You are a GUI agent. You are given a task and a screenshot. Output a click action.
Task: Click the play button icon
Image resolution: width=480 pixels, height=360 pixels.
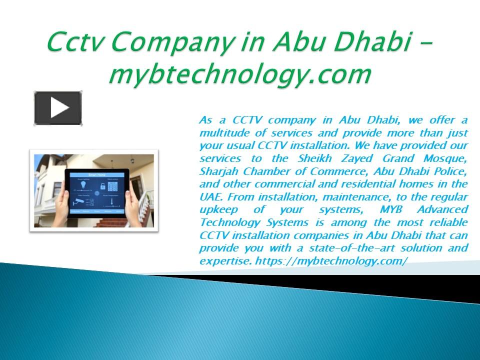58,107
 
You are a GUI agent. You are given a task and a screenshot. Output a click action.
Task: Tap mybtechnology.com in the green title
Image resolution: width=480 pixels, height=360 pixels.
240,75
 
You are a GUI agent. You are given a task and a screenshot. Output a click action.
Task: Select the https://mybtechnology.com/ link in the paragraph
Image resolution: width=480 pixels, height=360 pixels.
331,261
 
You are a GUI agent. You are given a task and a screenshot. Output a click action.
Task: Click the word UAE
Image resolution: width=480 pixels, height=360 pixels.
208,197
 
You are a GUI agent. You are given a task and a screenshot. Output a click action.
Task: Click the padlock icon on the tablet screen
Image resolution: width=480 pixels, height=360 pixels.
103,187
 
